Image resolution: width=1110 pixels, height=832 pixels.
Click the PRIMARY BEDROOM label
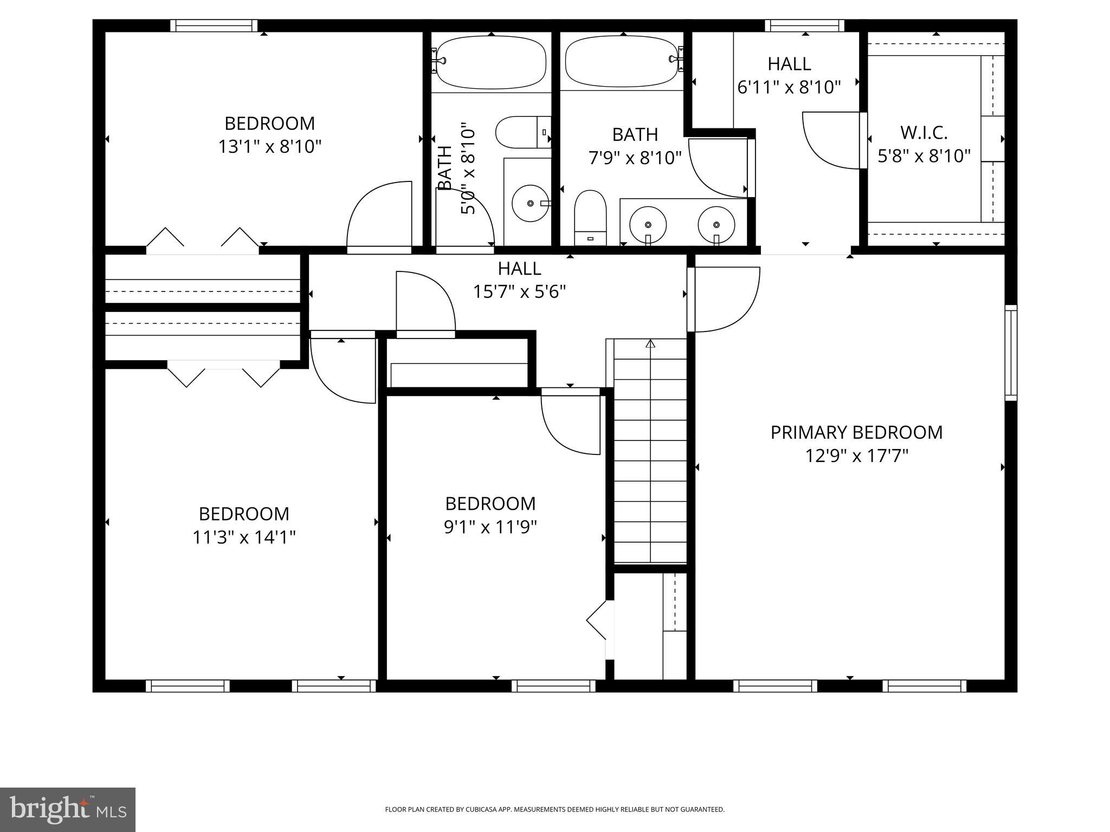(x=856, y=432)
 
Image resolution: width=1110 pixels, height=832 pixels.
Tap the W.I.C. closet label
(x=924, y=132)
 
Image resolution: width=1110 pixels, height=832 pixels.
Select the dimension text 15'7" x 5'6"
(x=519, y=292)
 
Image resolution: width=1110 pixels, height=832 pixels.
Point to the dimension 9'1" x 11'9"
(x=490, y=527)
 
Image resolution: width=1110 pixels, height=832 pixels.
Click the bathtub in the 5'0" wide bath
(x=491, y=62)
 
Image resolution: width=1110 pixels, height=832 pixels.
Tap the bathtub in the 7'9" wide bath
(x=622, y=61)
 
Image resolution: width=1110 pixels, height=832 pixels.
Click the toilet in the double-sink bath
(x=590, y=216)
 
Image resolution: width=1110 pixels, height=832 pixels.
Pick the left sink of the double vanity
(x=648, y=224)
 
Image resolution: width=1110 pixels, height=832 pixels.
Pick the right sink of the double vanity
(x=716, y=224)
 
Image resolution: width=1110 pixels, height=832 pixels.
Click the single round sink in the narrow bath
(x=531, y=203)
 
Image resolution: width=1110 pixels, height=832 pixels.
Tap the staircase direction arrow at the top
(x=650, y=343)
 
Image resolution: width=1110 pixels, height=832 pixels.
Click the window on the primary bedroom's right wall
(x=1011, y=352)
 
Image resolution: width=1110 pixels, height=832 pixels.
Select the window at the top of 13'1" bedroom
(x=214, y=25)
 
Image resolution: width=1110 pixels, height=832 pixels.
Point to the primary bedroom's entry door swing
(x=726, y=299)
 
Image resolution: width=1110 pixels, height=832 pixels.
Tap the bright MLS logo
(x=68, y=809)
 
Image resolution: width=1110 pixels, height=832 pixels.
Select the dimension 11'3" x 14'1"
(x=244, y=537)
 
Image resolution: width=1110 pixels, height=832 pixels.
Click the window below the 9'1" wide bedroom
(x=553, y=686)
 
